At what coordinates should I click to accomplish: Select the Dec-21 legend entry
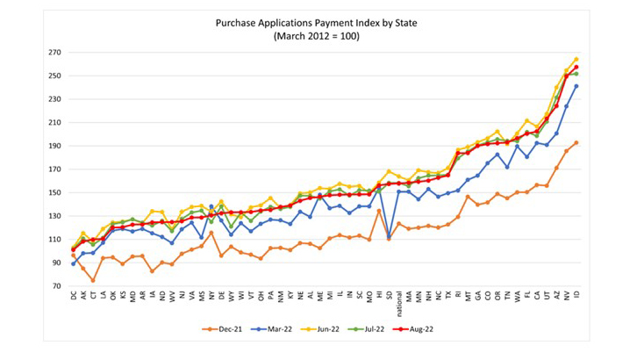coord(224,330)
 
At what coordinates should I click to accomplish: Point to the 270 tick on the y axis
coord(55,52)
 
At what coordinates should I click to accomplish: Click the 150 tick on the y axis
coord(55,192)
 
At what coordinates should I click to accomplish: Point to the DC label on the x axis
coord(74,297)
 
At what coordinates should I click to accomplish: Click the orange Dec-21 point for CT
coord(93,281)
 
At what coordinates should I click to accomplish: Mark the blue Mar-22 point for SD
coord(388,237)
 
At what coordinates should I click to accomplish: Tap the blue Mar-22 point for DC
coord(74,263)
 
